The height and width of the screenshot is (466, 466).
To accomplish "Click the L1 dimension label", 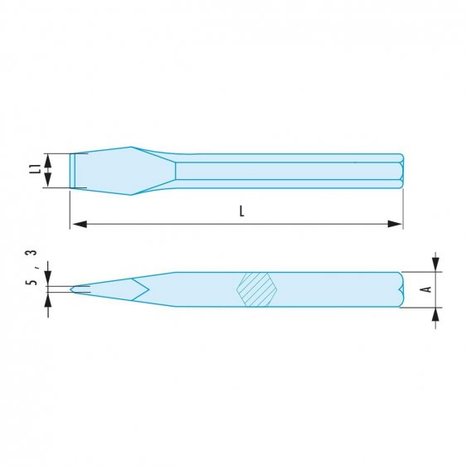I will [34, 169].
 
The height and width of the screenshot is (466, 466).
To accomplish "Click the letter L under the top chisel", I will [241, 211].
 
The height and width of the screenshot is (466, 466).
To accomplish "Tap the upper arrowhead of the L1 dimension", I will [50, 159].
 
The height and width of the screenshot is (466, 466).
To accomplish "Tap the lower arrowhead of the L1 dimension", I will [50, 182].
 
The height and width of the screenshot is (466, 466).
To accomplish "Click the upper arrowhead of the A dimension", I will [435, 265].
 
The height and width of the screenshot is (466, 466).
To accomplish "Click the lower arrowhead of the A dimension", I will [435, 313].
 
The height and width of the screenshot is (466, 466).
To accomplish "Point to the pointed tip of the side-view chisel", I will [72, 289].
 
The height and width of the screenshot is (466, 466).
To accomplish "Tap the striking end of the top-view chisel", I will [402, 170].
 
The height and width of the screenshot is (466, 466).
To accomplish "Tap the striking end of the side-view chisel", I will [402, 289].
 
